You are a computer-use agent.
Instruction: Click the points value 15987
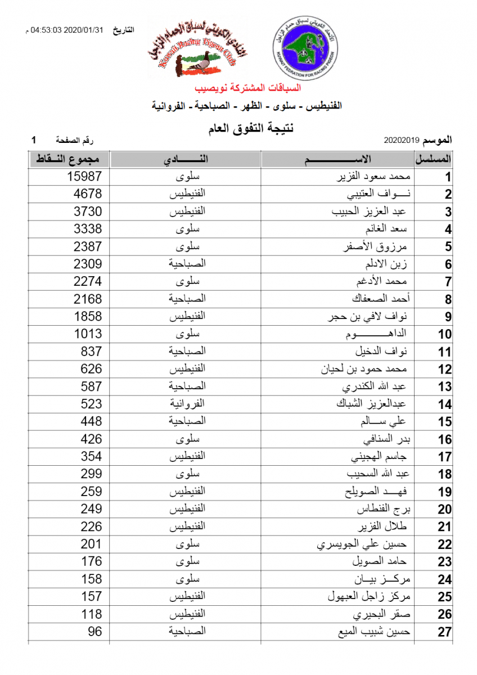84,177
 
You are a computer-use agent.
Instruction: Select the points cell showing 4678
88,194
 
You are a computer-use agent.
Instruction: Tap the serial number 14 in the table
445,404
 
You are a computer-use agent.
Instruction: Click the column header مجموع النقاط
68,159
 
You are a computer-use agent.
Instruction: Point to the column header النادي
186,159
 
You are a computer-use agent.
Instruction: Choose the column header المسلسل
434,159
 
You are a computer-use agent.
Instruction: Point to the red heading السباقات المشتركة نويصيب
248,88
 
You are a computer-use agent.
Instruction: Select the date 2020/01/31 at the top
84,29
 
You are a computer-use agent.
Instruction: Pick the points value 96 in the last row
95,632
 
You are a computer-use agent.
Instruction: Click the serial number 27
445,632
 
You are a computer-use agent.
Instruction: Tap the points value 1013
88,334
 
